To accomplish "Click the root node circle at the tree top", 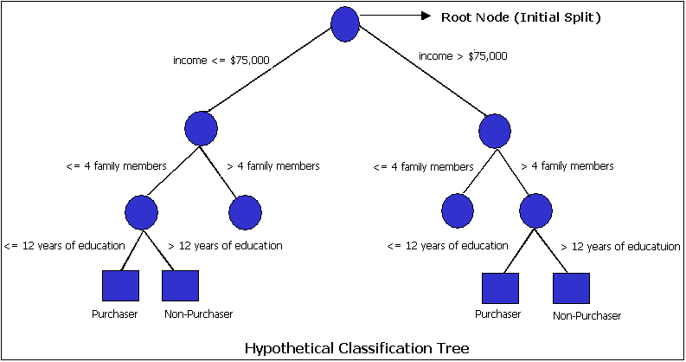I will click(x=345, y=23).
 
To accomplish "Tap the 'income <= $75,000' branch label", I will click(x=222, y=60).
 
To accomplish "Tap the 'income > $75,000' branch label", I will click(x=463, y=56).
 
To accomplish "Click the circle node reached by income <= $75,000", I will click(x=201, y=127).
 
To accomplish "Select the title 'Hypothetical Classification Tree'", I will click(x=357, y=348).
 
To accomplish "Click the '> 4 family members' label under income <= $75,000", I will click(x=273, y=165).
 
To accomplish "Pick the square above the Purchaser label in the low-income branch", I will click(x=120, y=286).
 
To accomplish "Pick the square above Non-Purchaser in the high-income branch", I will click(x=571, y=288).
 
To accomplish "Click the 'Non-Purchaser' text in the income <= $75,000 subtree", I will click(x=198, y=314).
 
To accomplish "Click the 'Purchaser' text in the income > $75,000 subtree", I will click(x=498, y=314).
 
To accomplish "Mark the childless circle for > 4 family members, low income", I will click(x=246, y=210).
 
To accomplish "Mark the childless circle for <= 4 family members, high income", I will click(x=457, y=210).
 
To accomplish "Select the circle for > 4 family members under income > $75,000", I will click(x=536, y=210).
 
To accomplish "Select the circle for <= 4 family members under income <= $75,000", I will click(x=141, y=210).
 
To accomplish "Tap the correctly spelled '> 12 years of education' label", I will click(x=225, y=246).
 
